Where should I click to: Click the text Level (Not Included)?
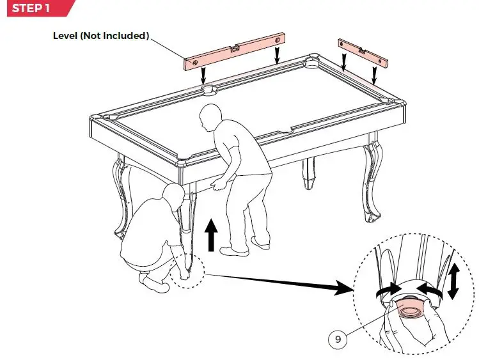point(100,35)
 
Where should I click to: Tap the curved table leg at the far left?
point(122,198)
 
